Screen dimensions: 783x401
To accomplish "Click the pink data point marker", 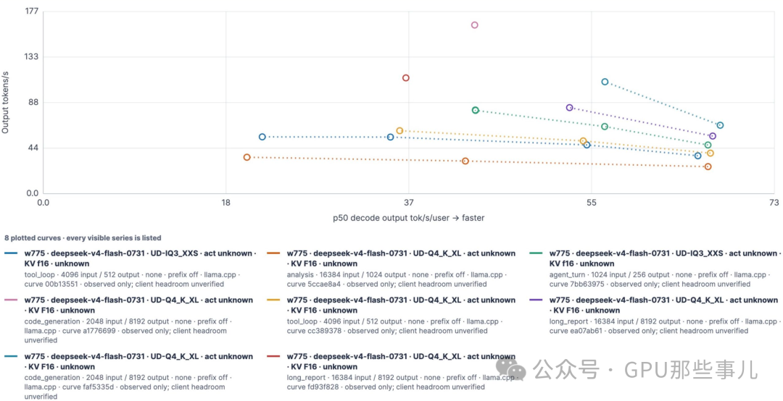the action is (474, 25).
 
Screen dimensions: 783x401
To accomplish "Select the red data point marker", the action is (406, 77).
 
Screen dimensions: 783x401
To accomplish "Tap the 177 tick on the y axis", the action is (31, 11).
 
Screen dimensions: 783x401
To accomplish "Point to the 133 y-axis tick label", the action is (31, 57).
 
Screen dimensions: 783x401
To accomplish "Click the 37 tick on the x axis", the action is (408, 203).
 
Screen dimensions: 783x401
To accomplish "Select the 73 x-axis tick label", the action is (774, 203).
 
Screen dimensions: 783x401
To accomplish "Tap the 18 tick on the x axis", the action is (225, 203).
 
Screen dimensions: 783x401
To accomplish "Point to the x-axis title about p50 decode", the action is (409, 218).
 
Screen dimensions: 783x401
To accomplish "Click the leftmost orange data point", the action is (246, 157).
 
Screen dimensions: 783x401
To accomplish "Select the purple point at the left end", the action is (570, 108).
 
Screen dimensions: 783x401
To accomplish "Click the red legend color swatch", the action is (274, 357).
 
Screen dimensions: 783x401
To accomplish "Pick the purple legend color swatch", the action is (536, 300).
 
